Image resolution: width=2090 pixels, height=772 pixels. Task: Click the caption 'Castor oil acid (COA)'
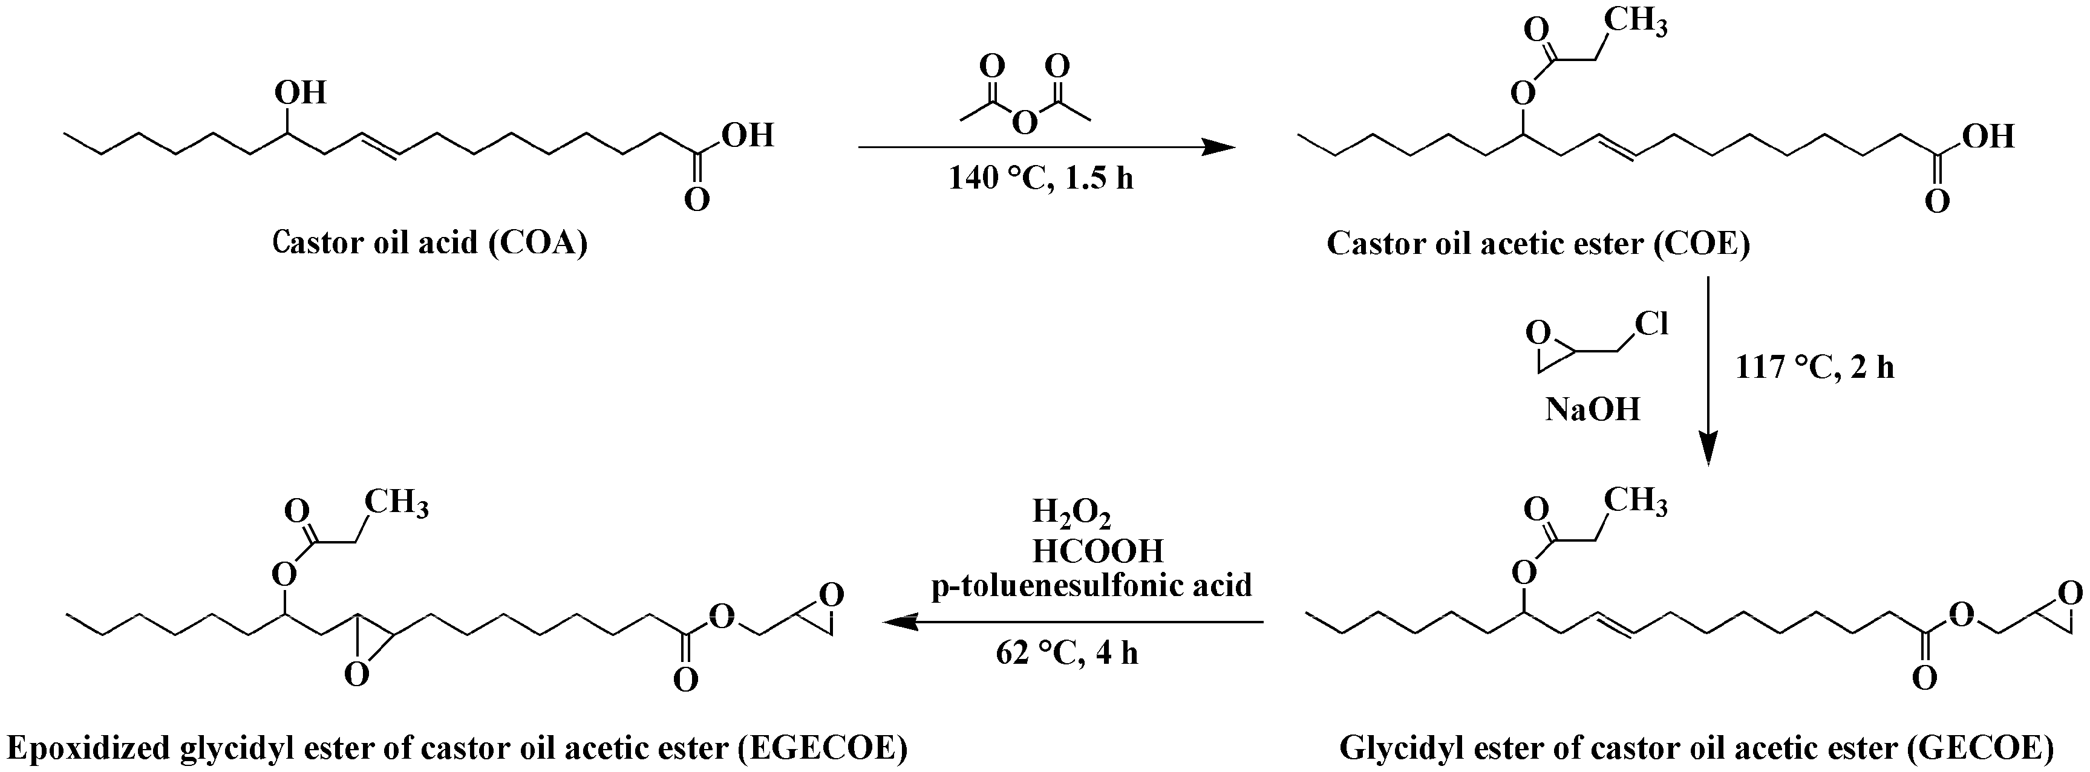click(x=429, y=242)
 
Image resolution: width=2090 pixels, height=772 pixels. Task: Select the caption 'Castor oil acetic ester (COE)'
click(x=1538, y=242)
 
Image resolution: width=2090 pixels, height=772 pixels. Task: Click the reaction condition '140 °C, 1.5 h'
click(x=1041, y=178)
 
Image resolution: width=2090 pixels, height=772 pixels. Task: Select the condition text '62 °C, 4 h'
click(x=1067, y=652)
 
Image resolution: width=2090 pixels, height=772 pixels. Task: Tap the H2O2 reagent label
click(x=1071, y=513)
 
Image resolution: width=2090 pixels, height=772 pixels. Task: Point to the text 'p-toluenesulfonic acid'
click(x=1091, y=585)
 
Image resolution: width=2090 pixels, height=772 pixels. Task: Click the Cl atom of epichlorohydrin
click(x=1651, y=323)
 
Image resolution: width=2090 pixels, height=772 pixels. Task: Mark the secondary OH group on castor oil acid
click(x=300, y=92)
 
